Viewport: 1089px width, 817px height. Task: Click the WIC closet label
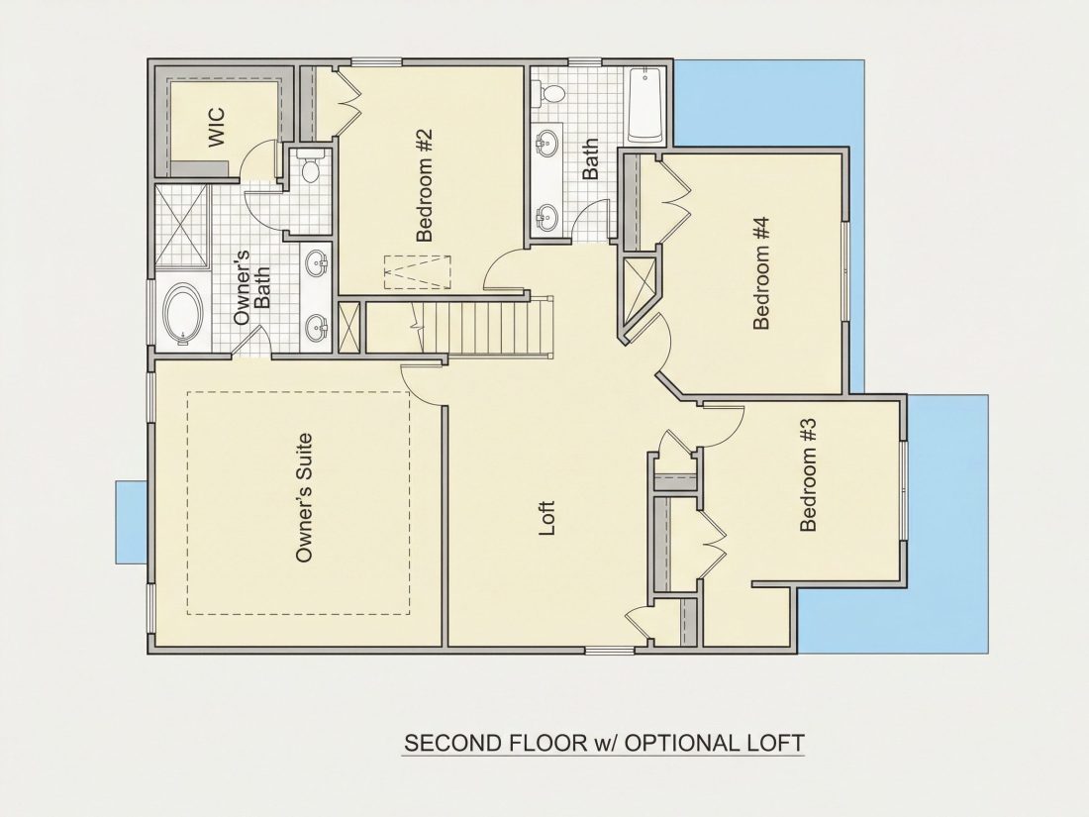point(217,127)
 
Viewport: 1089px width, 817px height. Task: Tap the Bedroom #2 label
point(425,185)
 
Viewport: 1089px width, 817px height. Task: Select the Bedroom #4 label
point(762,273)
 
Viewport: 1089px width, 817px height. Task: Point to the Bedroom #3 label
point(809,474)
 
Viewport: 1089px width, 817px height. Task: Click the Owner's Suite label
point(304,498)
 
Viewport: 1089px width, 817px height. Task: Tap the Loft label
point(547,518)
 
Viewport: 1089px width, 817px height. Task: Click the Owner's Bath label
point(252,287)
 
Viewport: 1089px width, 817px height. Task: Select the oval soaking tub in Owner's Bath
point(183,313)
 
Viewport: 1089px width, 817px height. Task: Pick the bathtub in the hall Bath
point(645,105)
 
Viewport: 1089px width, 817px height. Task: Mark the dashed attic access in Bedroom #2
point(417,271)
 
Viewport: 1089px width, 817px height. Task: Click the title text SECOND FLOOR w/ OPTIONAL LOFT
point(604,743)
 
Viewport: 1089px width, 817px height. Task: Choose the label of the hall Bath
point(590,159)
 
